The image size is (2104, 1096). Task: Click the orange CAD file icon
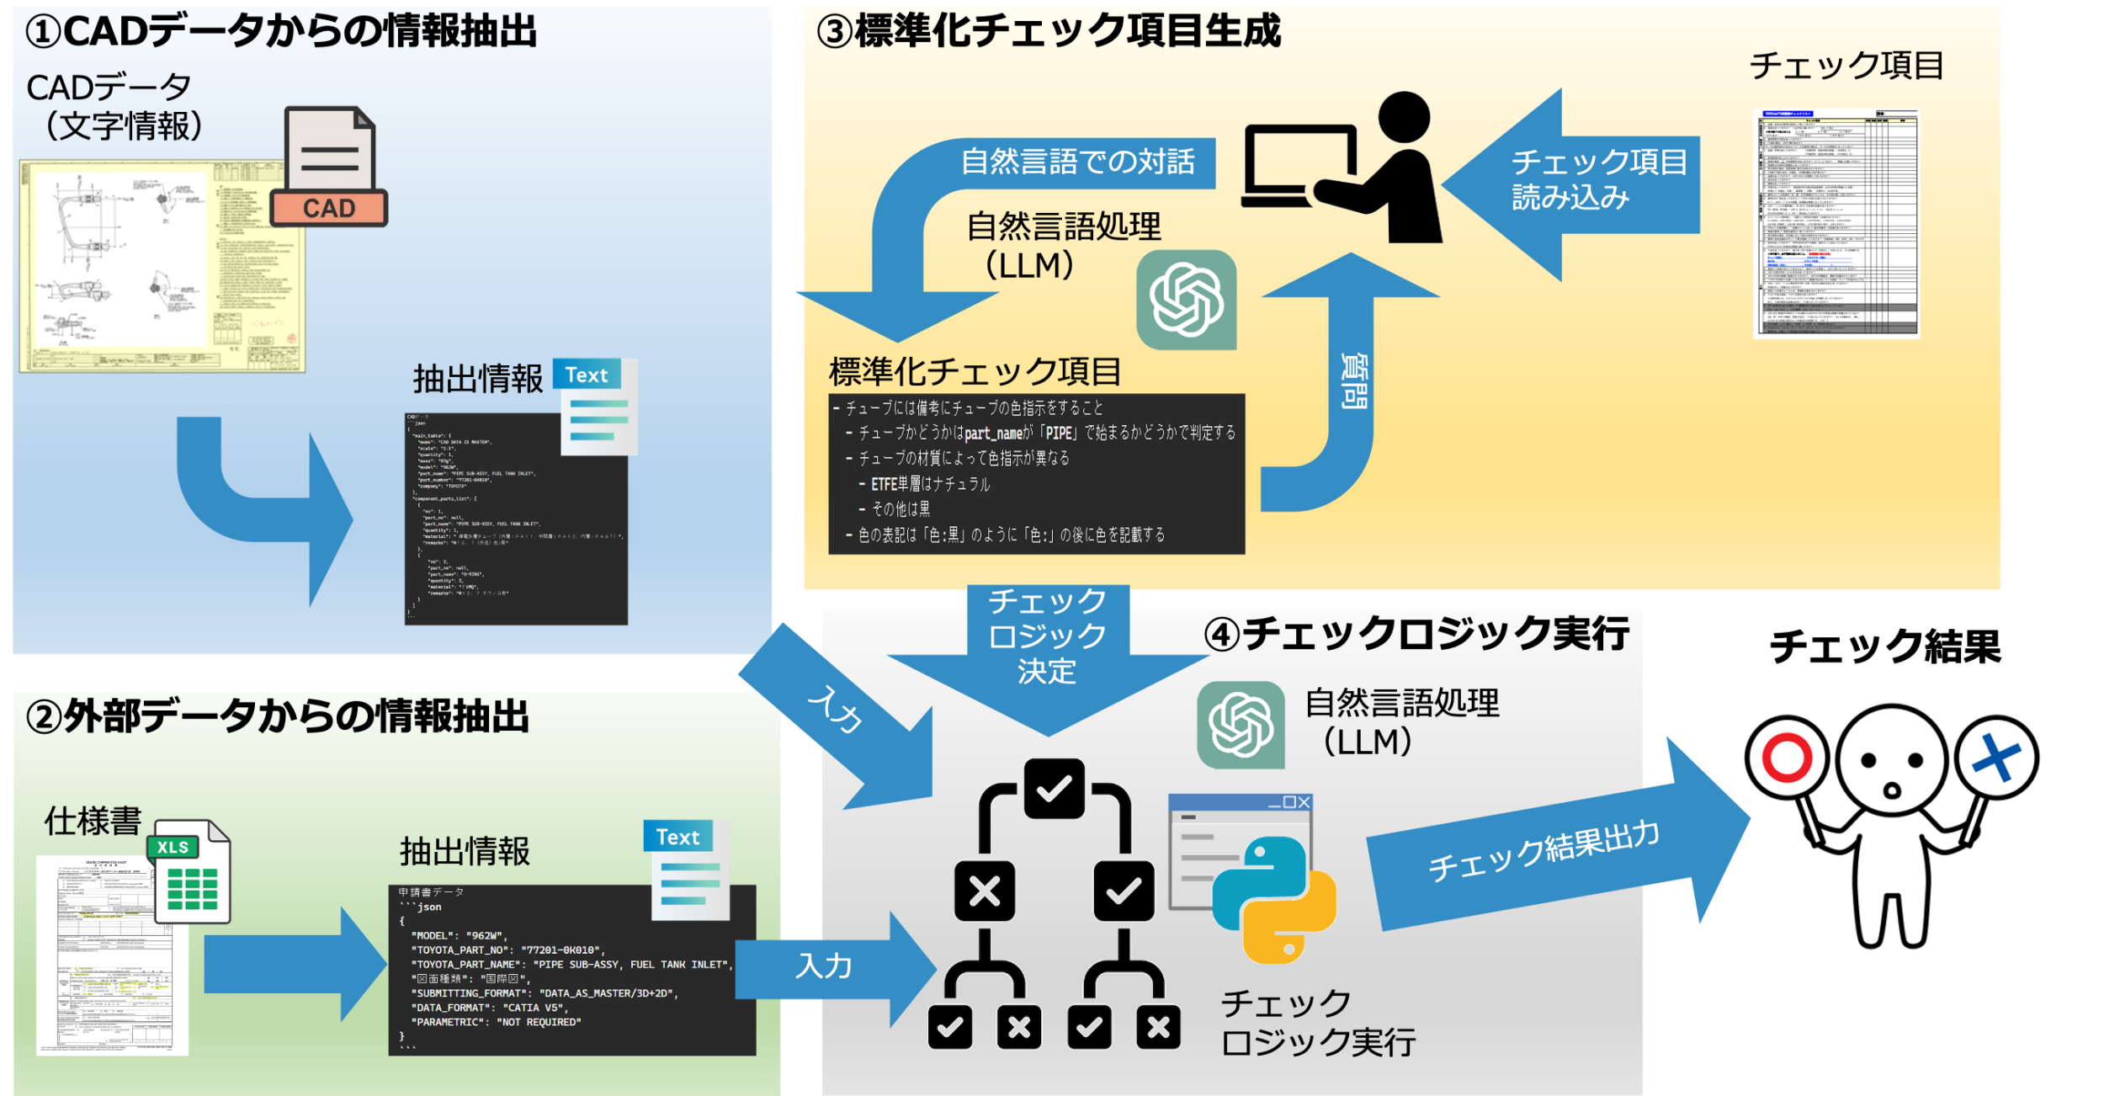[x=329, y=168]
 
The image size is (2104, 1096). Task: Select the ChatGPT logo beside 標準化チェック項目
[x=1187, y=300]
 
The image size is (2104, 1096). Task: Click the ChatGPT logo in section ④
[x=1241, y=725]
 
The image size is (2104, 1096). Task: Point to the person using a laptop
[x=1347, y=168]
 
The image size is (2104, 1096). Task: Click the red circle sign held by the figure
[x=1787, y=757]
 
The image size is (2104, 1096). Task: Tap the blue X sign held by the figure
[x=1996, y=757]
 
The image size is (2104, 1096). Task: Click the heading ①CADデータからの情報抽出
[x=281, y=32]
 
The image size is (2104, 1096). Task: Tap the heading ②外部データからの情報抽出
[x=278, y=717]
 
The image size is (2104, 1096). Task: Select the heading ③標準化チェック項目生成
[x=1049, y=32]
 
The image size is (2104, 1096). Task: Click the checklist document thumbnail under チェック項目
[x=1836, y=223]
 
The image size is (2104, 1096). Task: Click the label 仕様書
[x=93, y=821]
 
